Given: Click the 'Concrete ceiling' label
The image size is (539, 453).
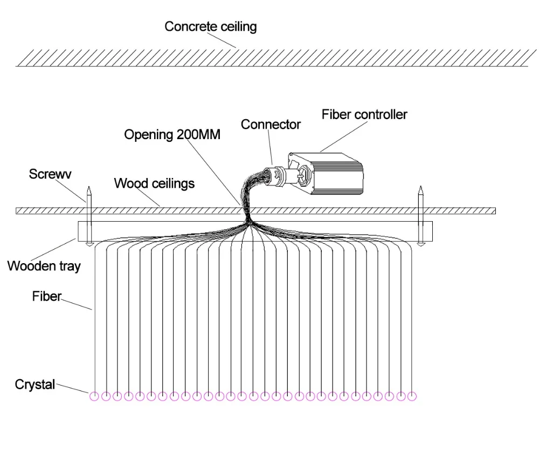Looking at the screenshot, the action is click(x=210, y=26).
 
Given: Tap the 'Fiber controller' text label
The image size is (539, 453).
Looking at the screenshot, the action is click(x=364, y=114).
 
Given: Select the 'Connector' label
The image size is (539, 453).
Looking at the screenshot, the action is click(x=271, y=125).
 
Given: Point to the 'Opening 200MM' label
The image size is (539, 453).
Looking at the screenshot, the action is click(x=172, y=135).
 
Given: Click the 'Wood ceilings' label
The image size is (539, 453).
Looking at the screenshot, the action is click(x=154, y=184).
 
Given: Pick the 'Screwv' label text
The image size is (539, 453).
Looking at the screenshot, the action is click(x=50, y=174).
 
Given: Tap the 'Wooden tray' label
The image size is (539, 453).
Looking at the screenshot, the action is click(x=44, y=266).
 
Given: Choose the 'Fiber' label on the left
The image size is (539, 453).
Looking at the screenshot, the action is click(x=47, y=296).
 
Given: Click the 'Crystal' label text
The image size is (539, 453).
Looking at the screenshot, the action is click(x=34, y=385).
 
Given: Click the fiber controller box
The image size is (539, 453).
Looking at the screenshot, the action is click(x=325, y=173).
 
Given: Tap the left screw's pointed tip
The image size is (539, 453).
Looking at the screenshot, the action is click(x=89, y=187).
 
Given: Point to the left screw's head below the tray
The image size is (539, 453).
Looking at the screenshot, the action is click(x=89, y=244).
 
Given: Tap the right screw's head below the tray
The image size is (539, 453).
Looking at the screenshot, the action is click(x=421, y=244).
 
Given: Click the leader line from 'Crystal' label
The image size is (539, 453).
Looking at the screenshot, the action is click(x=72, y=388).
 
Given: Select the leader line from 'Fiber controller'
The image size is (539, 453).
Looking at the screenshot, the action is click(x=343, y=136).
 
